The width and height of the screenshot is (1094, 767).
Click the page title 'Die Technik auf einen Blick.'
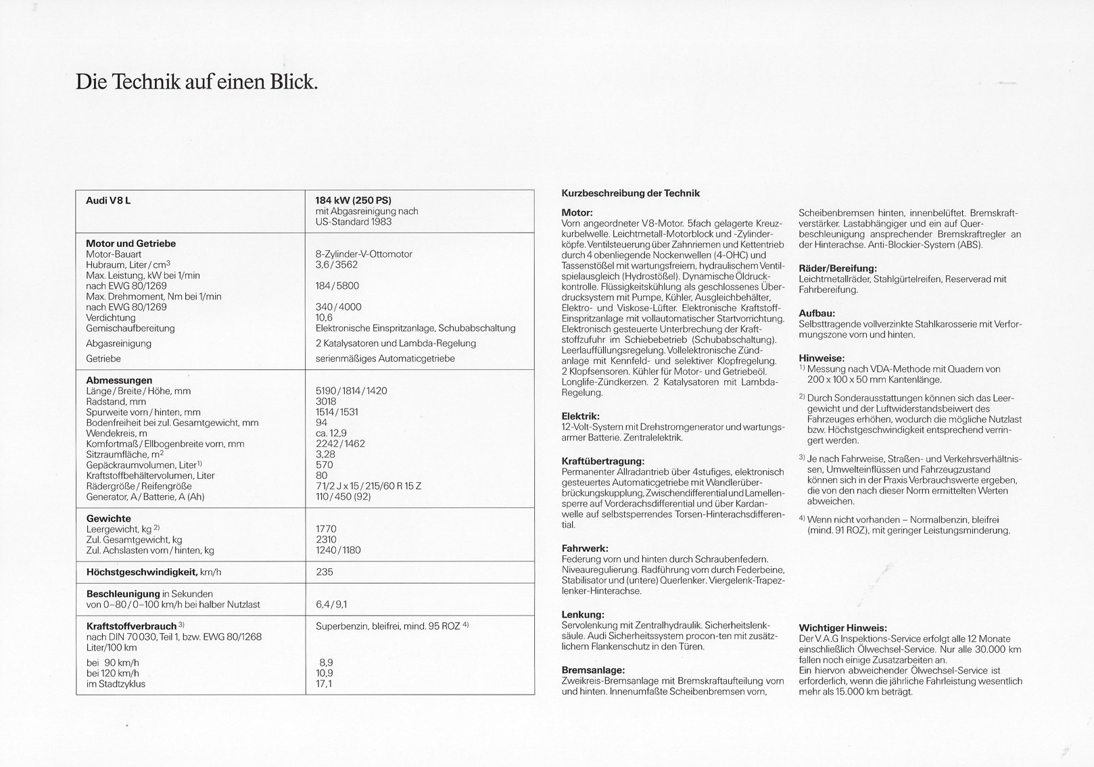[x=196, y=83]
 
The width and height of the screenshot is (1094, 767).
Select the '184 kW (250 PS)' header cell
[x=353, y=200]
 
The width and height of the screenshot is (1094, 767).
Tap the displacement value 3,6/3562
[x=336, y=265]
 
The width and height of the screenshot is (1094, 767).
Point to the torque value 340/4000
[x=338, y=307]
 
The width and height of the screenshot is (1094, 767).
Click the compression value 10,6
[x=324, y=318]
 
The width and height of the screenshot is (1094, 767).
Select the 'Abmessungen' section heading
[x=119, y=380]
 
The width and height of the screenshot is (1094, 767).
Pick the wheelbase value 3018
[x=326, y=402]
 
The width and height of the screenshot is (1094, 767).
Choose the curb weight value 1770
[x=326, y=529]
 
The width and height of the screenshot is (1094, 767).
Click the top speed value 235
[x=325, y=572]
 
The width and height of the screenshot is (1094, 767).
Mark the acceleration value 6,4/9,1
[x=331, y=605]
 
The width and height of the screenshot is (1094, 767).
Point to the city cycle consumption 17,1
[x=324, y=684]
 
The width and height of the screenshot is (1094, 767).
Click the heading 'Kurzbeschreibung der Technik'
[x=630, y=193]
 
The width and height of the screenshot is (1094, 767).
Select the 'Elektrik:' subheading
[x=580, y=416]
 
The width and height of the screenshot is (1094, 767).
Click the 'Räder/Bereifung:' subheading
[x=837, y=269]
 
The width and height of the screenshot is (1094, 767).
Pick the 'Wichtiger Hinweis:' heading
[x=842, y=628]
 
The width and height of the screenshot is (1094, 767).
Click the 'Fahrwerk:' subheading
[x=585, y=548]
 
